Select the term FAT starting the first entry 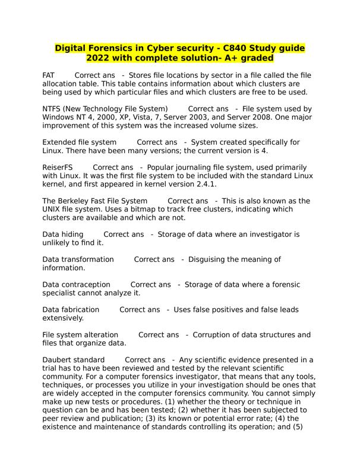[x=49, y=75]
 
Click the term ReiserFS [x=58, y=168]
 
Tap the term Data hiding [x=63, y=235]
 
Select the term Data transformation [x=78, y=259]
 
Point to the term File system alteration [x=80, y=335]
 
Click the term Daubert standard [x=74, y=360]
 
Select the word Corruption [x=216, y=335]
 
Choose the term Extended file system [x=80, y=142]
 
